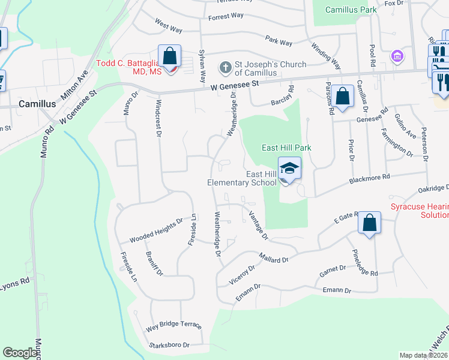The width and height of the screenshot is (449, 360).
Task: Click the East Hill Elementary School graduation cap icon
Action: click(x=289, y=169)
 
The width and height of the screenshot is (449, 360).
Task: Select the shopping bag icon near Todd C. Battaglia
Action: click(x=170, y=57)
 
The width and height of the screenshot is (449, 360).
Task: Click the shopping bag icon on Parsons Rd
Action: click(x=342, y=96)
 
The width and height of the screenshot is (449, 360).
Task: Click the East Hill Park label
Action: click(x=285, y=148)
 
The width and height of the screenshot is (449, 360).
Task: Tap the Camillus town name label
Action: click(x=37, y=103)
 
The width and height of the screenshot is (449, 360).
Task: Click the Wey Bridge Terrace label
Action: click(x=173, y=327)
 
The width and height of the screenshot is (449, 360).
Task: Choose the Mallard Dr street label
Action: click(x=274, y=259)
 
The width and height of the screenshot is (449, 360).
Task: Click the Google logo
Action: click(x=20, y=353)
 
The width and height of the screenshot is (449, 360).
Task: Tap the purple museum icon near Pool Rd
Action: click(x=396, y=58)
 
